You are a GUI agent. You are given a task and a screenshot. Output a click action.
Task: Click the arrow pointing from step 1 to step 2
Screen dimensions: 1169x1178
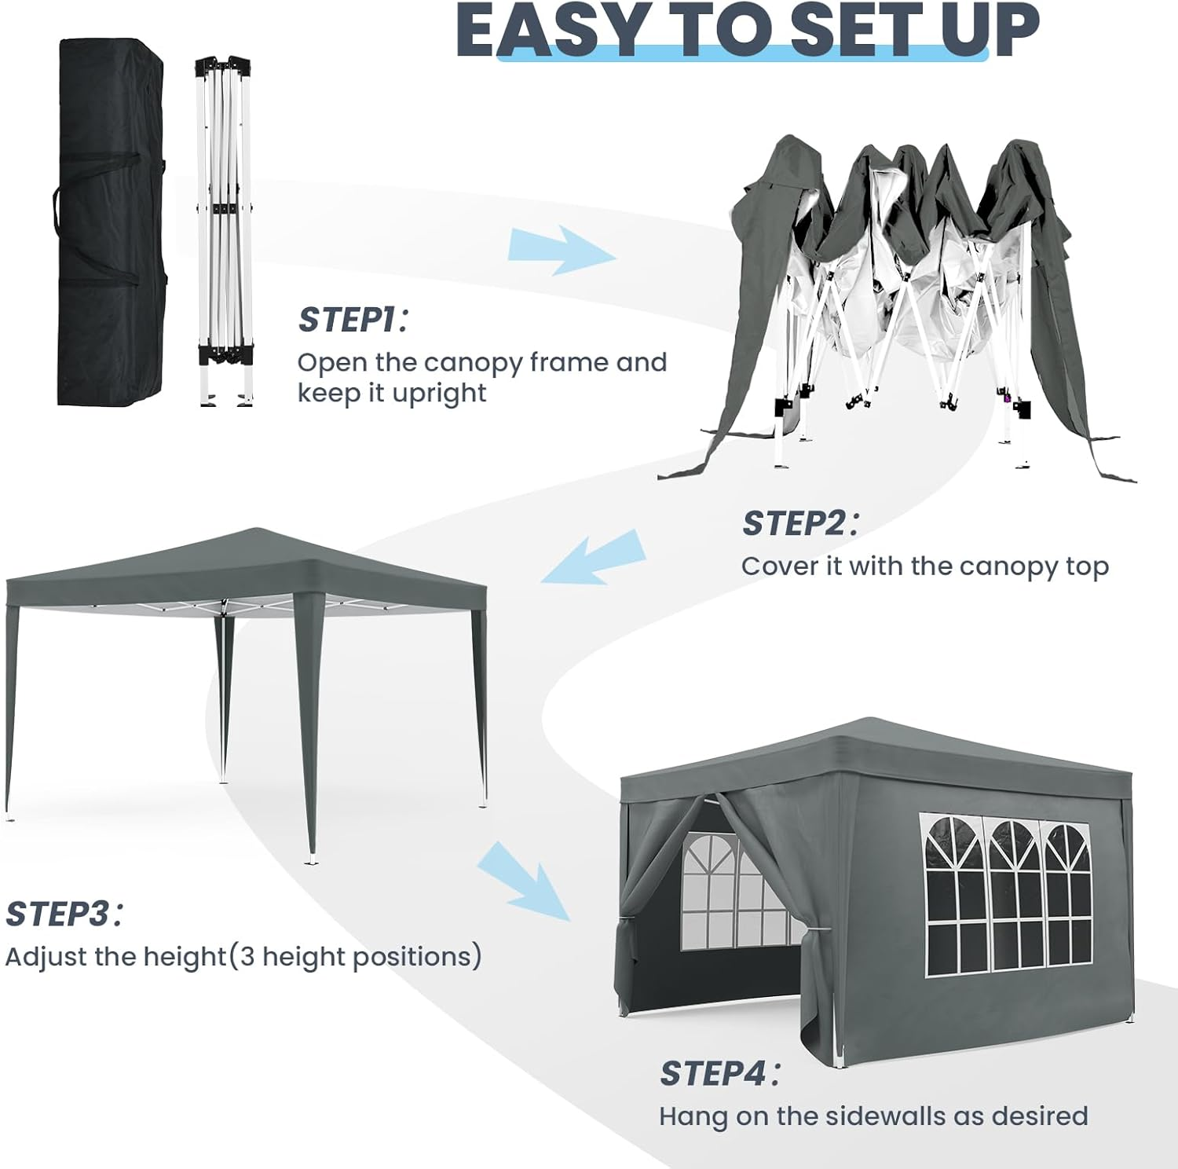click(562, 250)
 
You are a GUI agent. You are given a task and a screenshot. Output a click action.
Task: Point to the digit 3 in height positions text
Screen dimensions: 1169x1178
click(247, 957)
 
